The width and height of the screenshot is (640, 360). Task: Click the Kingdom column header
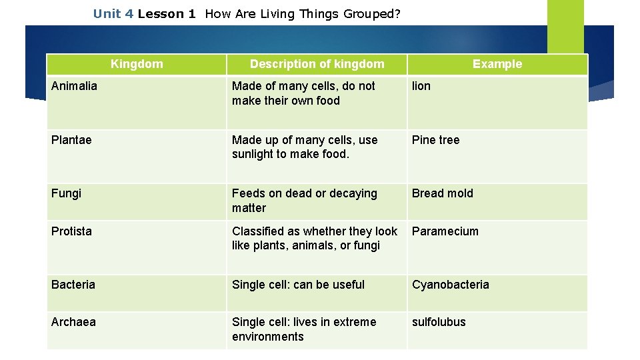coord(137,64)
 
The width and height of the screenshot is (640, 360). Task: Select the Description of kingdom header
coord(317,64)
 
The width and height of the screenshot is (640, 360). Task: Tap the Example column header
coord(497,64)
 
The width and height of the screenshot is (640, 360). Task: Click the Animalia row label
coord(74,86)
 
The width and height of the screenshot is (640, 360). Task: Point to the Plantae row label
coord(71,140)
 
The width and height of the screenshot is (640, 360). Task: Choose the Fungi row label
coord(66,193)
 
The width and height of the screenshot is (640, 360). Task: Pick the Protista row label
coord(71,231)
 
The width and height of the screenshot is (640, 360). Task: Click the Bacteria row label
coord(73,285)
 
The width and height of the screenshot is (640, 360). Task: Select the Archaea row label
coord(73,322)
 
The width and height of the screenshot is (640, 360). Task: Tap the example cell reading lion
coord(421,86)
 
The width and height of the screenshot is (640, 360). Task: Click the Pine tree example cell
coord(435,140)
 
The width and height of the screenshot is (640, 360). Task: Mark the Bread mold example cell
coord(442,193)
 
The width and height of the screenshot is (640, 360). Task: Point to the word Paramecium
coord(445,231)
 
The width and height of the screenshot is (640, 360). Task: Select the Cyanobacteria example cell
coord(450,285)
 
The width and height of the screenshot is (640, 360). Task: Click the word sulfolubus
coord(439,322)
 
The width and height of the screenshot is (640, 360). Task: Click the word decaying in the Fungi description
coord(353,193)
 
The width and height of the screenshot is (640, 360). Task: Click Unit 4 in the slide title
coord(113,14)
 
